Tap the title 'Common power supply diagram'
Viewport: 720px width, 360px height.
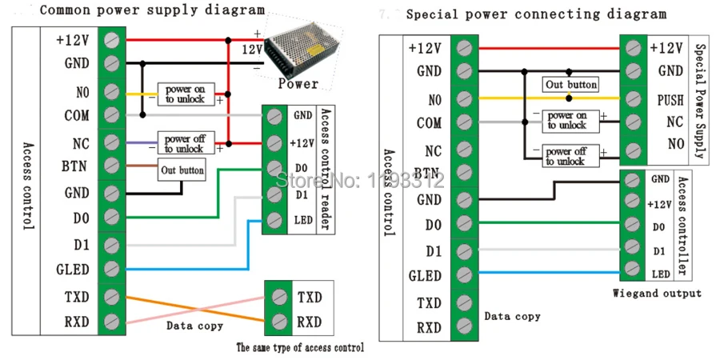[151, 10]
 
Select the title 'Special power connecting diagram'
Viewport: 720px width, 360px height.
[535, 14]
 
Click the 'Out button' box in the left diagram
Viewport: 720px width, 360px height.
[182, 170]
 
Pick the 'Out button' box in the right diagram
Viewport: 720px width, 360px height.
[570, 85]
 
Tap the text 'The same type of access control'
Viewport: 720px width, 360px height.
[300, 347]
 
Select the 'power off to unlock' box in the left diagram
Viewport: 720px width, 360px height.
[184, 144]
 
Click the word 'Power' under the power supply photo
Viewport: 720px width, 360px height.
[298, 83]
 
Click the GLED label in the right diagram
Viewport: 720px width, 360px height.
[424, 276]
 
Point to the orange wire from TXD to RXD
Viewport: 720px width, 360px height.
[192, 310]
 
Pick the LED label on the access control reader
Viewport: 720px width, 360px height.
[302, 219]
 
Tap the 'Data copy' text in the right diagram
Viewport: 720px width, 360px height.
[512, 316]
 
